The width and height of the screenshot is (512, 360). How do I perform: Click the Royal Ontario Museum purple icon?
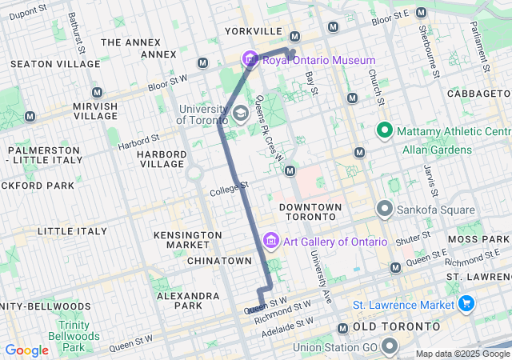coord(250,59)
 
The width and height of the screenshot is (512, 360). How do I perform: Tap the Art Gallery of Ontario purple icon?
coord(270,241)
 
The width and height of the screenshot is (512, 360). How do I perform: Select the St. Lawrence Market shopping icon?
coord(466,303)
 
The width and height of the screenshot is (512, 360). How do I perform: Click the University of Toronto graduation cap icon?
coord(240,114)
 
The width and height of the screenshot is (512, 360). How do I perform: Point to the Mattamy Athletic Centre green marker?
coord(384,130)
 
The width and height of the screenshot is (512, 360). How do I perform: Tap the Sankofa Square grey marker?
coord(384,210)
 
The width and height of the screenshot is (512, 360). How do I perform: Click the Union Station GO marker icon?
coord(390,346)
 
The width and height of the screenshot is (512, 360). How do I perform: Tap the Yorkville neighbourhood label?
coord(254,31)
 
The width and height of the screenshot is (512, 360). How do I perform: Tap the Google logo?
coord(27,350)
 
